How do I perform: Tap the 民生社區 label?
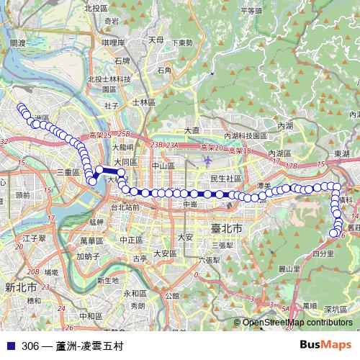[x=225, y=178]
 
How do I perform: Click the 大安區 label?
[x=165, y=253]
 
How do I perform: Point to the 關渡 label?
[x=17, y=44]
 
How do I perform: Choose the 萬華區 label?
[x=92, y=240]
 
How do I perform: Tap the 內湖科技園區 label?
[x=250, y=135]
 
